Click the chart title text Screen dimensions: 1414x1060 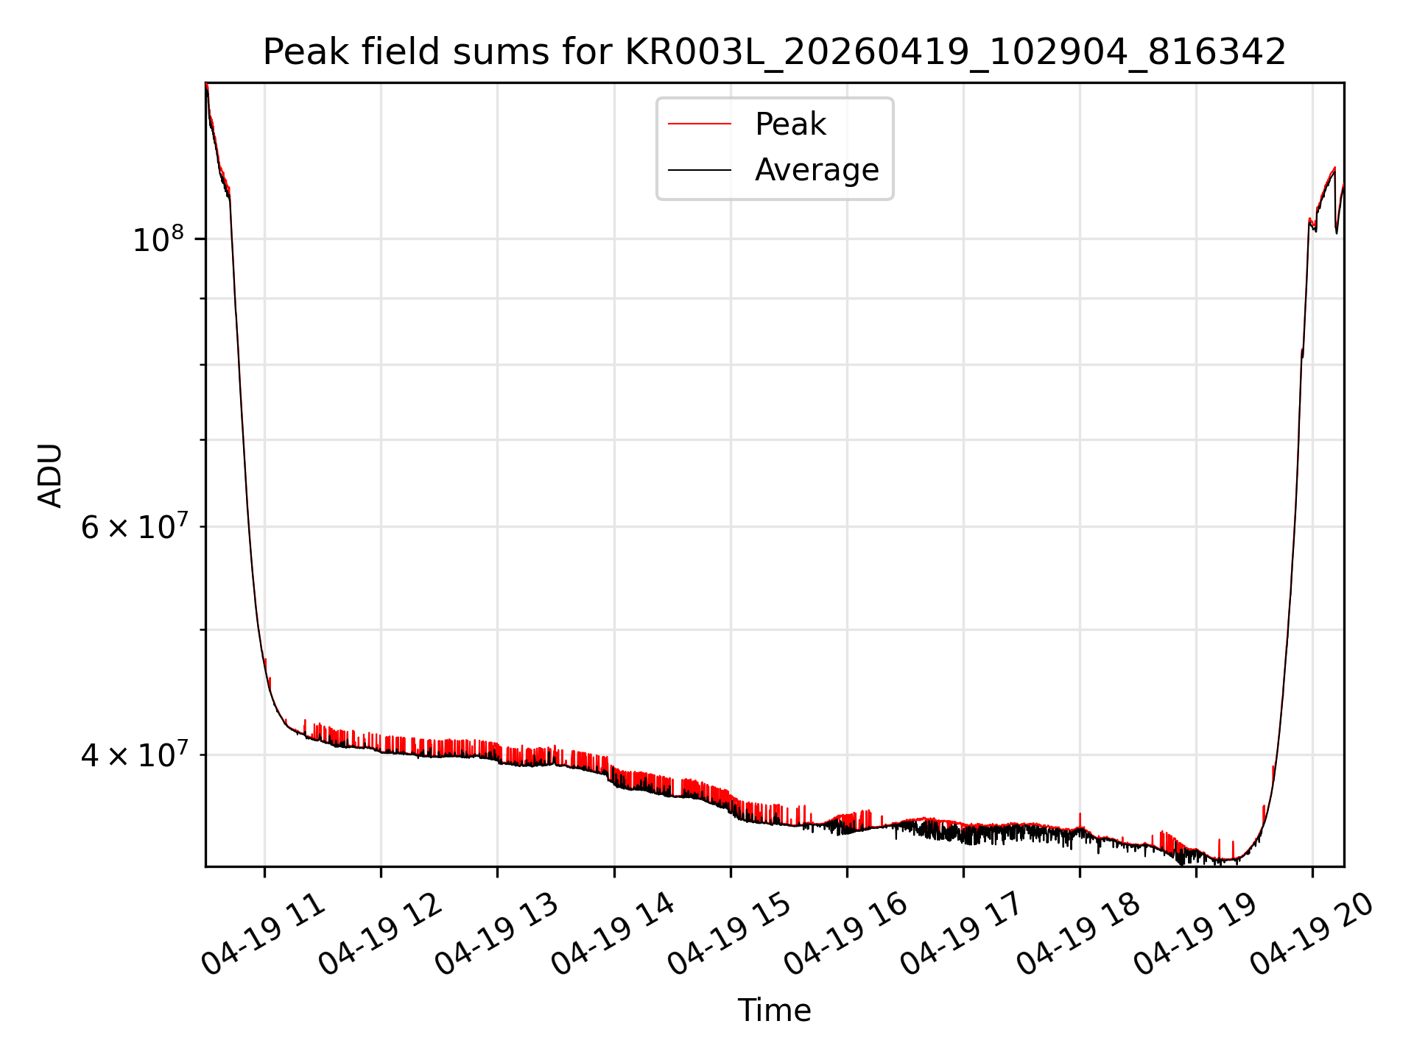774,52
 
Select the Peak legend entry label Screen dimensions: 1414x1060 790,124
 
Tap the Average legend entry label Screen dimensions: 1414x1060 817,170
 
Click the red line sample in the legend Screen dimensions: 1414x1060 700,124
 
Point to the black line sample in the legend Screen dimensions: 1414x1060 700,170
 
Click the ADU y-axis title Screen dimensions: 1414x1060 50,476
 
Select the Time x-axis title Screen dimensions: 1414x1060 774,1011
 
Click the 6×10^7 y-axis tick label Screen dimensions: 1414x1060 134,526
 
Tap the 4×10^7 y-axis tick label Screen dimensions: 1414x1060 134,755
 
